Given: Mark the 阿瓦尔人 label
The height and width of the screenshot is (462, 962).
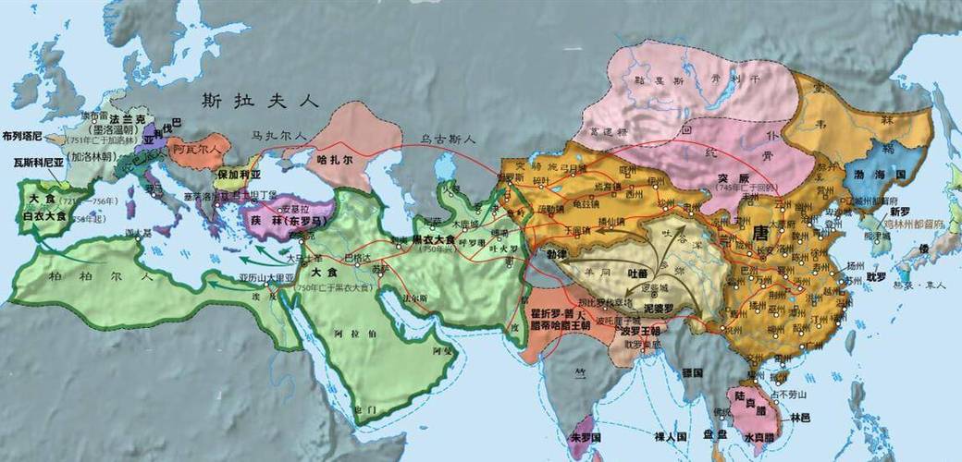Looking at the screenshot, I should click(195, 148).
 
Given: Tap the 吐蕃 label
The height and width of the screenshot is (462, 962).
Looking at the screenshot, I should click(638, 274).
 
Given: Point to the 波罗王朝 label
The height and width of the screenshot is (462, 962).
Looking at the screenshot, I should click(639, 331).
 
